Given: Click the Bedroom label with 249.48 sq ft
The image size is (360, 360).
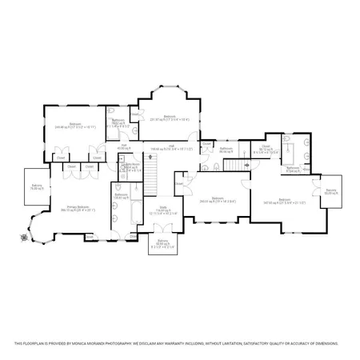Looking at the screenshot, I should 74,124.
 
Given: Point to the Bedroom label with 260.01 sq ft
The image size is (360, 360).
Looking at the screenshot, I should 218,199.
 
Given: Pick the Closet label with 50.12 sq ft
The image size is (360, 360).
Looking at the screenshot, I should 266,147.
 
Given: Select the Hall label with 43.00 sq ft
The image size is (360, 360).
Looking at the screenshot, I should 124,146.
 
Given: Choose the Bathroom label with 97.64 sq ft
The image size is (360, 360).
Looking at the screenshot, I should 293,169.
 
